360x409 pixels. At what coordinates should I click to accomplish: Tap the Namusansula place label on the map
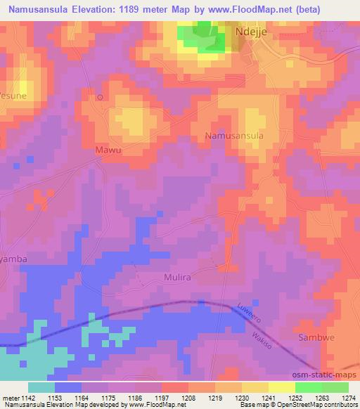click(235, 135)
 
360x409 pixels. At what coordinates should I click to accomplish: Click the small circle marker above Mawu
click(100, 97)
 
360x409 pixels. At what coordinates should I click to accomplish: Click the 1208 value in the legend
click(189, 397)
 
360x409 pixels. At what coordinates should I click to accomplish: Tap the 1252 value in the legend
click(296, 397)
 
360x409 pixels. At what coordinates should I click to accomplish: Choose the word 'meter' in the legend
click(11, 397)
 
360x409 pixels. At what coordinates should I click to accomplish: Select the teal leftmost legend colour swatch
click(41, 387)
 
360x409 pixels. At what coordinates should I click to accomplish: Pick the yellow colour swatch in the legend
click(282, 387)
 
